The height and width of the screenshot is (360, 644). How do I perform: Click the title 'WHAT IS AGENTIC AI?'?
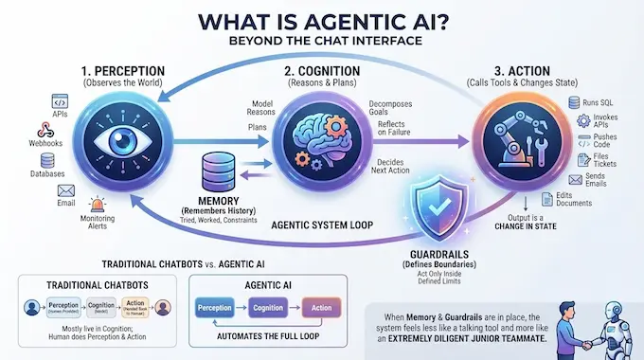pos(322,20)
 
